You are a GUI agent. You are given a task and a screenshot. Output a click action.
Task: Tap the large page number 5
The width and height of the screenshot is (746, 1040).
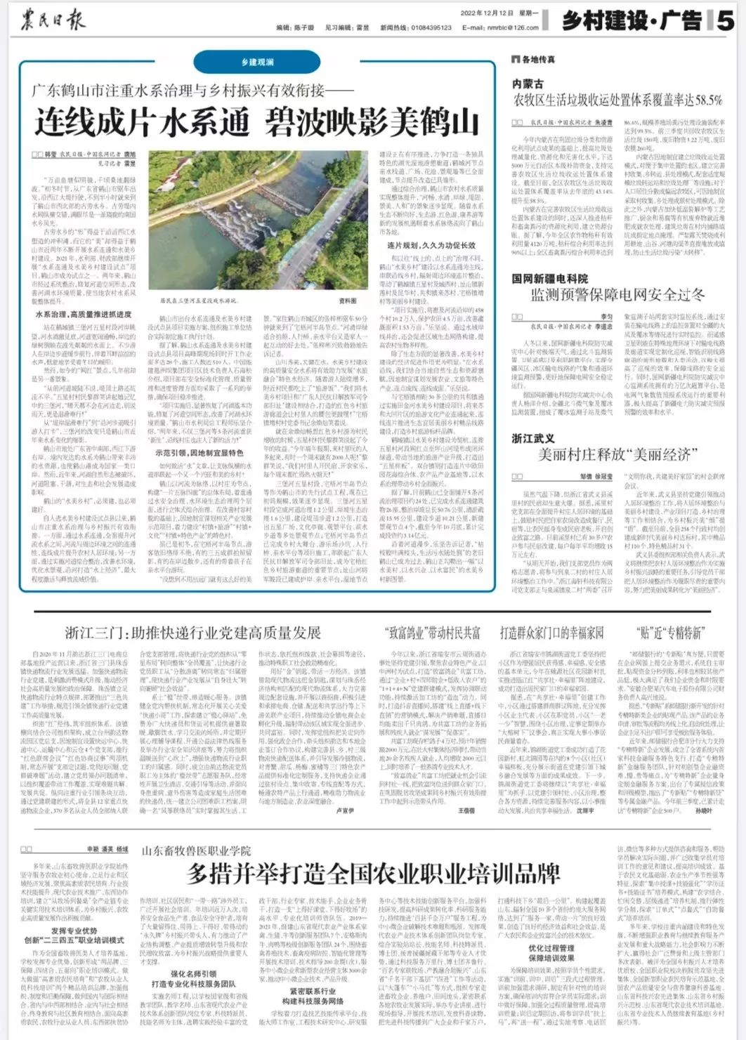pyautogui.click(x=725, y=20)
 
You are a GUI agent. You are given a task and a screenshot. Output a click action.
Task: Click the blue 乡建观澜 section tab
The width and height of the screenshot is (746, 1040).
pyautogui.click(x=257, y=62)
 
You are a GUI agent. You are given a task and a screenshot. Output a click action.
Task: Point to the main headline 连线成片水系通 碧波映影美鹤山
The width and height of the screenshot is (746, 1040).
pyautogui.click(x=257, y=122)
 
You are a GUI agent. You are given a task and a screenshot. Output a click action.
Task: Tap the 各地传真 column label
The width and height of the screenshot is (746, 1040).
pyautogui.click(x=537, y=60)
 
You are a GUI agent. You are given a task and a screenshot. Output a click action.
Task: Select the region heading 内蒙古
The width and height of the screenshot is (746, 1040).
pyautogui.click(x=528, y=84)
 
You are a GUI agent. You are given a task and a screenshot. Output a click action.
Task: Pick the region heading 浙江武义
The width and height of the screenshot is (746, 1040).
pyautogui.click(x=533, y=438)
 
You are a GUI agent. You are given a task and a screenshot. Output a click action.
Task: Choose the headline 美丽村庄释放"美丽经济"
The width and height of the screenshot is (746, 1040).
pyautogui.click(x=614, y=455)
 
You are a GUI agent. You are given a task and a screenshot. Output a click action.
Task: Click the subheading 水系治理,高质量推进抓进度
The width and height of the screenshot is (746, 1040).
pyautogui.click(x=84, y=315)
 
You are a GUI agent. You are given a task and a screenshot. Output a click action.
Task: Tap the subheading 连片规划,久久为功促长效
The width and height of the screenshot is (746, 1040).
pyautogui.click(x=431, y=245)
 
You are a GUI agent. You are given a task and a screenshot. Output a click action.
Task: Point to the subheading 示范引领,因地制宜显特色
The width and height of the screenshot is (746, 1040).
pyautogui.click(x=199, y=453)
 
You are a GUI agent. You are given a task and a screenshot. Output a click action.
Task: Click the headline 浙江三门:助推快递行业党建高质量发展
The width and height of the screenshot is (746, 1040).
pyautogui.click(x=193, y=633)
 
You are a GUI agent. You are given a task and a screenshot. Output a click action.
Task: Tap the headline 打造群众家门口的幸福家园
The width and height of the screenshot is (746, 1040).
pyautogui.click(x=551, y=633)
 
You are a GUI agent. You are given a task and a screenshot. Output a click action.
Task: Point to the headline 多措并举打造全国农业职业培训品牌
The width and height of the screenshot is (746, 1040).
pyautogui.click(x=373, y=874)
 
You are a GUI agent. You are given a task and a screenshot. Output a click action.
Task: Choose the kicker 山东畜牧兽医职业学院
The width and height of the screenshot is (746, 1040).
pyautogui.click(x=196, y=851)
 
